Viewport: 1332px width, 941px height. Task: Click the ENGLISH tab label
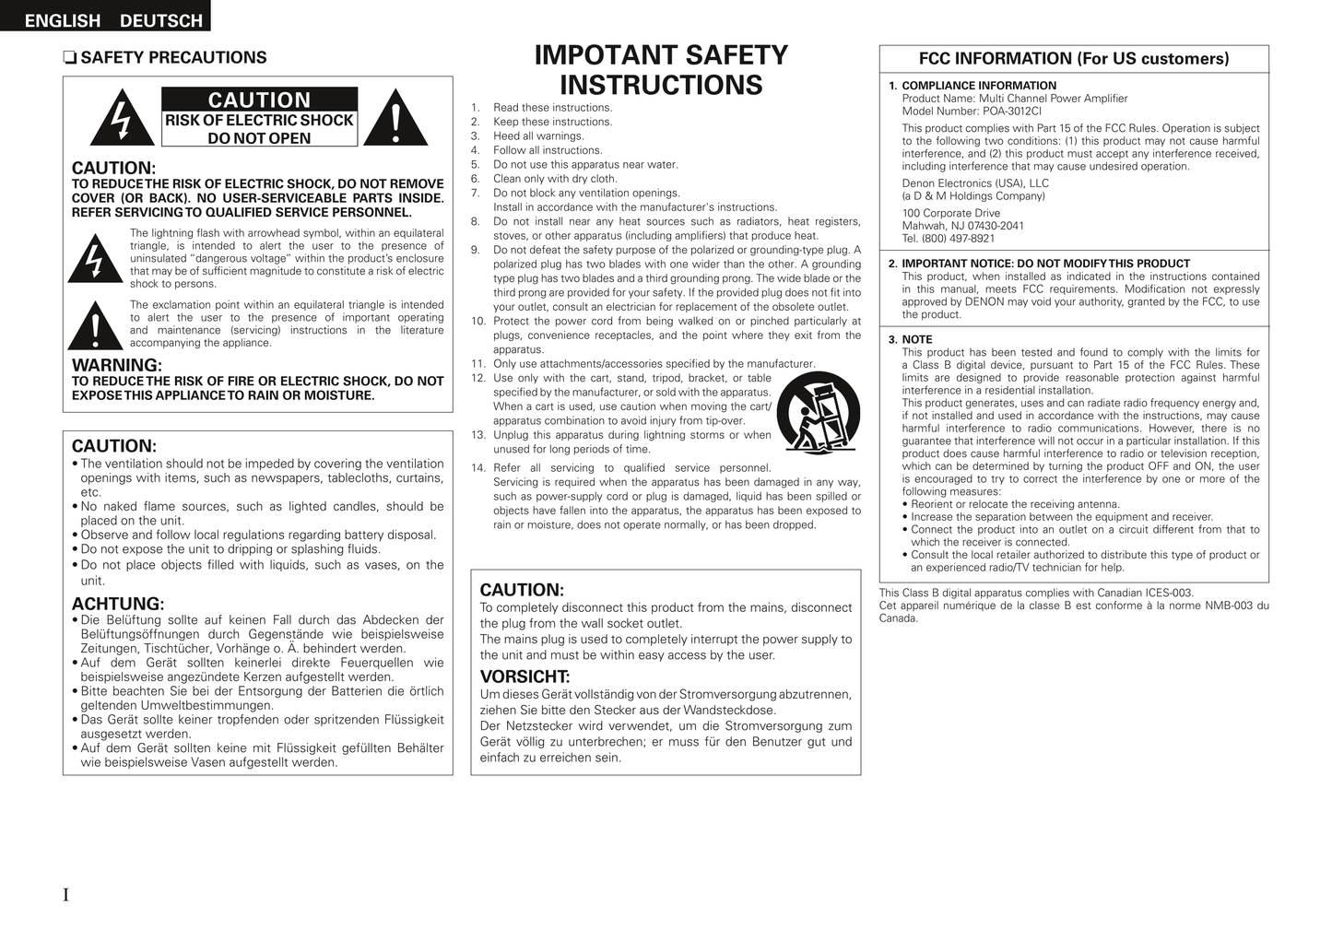pos(62,20)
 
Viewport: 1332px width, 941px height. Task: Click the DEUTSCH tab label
pos(160,20)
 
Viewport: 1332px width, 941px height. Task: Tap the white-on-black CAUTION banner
pos(259,100)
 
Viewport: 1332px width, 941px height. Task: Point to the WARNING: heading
pos(116,365)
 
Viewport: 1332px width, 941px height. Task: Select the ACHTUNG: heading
pos(118,605)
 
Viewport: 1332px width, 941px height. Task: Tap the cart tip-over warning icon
pos(818,412)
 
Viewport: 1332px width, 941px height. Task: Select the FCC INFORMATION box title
pos(1074,59)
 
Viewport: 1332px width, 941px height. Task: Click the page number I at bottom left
pos(65,895)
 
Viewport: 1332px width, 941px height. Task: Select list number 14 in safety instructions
pos(477,468)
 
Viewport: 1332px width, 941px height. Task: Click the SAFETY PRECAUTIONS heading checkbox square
pos(68,58)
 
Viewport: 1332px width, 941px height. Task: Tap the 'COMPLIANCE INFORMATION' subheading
pos(979,86)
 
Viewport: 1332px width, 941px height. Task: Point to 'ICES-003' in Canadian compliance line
pos(1171,593)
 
